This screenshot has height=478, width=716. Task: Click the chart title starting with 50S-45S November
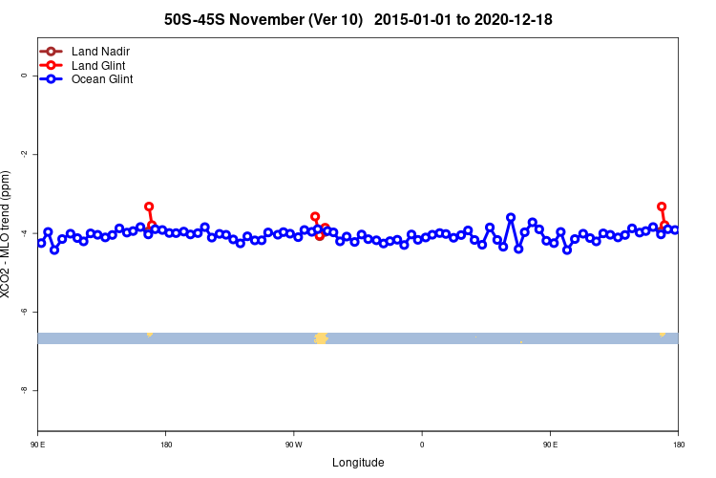(x=358, y=19)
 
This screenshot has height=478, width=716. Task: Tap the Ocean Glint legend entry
(x=108, y=79)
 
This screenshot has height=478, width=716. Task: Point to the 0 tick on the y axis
(x=24, y=75)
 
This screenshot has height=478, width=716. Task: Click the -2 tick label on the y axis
(x=24, y=154)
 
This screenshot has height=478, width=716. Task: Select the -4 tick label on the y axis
(x=24, y=233)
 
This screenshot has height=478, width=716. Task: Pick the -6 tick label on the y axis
(x=24, y=312)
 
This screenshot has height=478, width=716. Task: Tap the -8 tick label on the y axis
(x=24, y=391)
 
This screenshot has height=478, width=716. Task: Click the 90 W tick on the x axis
(x=293, y=445)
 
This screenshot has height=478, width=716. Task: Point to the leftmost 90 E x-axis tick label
(x=38, y=445)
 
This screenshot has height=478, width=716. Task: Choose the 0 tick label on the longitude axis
(x=422, y=445)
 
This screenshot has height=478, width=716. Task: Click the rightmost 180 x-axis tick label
(x=678, y=445)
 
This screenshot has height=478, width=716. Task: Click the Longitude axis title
(x=358, y=463)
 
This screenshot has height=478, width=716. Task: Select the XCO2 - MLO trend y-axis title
(x=8, y=234)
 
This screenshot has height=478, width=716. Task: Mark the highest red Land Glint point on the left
(x=149, y=206)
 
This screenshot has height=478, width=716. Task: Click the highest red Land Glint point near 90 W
(x=315, y=217)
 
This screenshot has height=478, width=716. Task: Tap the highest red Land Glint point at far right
(x=662, y=206)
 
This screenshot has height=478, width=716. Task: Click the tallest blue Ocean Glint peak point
(x=511, y=218)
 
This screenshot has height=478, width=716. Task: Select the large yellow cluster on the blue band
(x=321, y=338)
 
